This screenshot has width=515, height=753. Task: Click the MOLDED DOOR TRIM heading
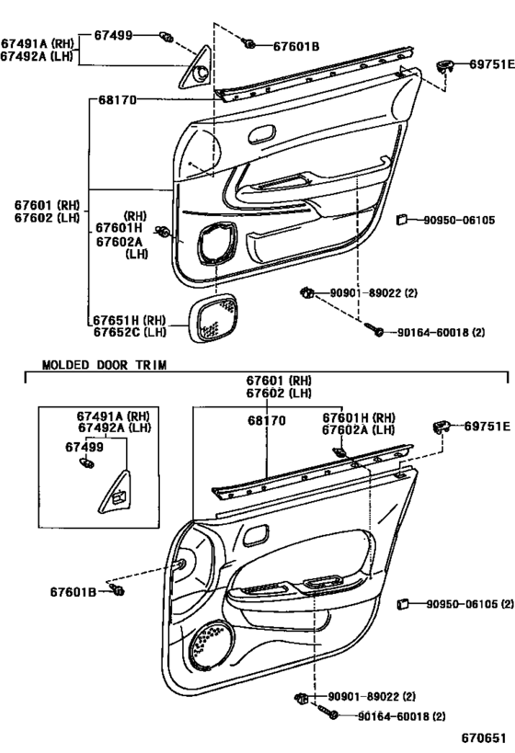click(104, 365)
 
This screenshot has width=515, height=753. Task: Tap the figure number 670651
click(484, 737)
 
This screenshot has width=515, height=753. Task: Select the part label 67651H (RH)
click(130, 320)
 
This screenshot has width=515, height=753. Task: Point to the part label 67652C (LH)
click(130, 331)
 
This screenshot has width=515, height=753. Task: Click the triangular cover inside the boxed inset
click(115, 492)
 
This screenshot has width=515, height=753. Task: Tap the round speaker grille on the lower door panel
click(212, 645)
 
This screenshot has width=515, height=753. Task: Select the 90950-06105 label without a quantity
click(459, 221)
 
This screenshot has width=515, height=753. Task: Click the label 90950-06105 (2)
click(470, 604)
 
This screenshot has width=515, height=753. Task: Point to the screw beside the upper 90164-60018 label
click(372, 329)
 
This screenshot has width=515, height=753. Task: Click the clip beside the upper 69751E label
click(445, 66)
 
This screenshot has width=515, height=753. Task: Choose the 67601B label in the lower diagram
click(73, 592)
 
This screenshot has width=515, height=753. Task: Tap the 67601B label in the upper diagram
click(296, 47)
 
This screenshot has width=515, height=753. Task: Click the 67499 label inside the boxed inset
click(84, 447)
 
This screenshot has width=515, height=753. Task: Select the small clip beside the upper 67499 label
click(166, 37)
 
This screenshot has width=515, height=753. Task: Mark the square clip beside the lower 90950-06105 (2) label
click(403, 604)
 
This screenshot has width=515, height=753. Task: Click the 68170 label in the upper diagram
click(117, 100)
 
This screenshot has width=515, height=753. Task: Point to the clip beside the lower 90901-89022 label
click(302, 698)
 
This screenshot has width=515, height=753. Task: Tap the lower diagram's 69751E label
click(487, 426)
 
